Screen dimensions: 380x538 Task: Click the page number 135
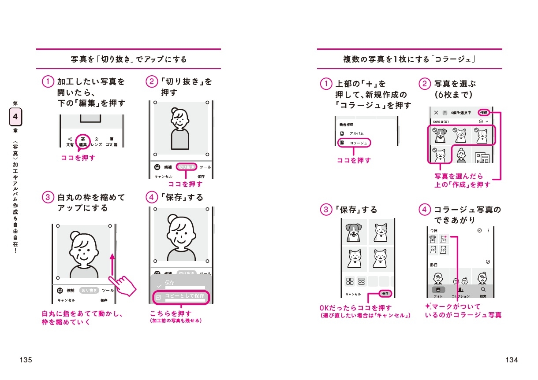[26, 360]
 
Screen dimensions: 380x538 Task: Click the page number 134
[512, 360]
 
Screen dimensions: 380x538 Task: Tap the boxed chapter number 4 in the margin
[15, 118]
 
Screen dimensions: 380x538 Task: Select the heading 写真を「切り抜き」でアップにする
[129, 59]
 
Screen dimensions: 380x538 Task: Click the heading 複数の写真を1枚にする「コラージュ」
[410, 59]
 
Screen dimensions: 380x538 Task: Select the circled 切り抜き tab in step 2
[187, 167]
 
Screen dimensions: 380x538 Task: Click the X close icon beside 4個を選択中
[436, 113]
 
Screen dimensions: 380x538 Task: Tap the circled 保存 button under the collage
[385, 293]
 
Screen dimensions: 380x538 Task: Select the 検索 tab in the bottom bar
[483, 291]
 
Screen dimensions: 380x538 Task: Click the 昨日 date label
[434, 265]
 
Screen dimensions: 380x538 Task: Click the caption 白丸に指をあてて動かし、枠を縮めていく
[82, 318]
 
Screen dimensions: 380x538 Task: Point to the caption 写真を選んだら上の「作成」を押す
[462, 181]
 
